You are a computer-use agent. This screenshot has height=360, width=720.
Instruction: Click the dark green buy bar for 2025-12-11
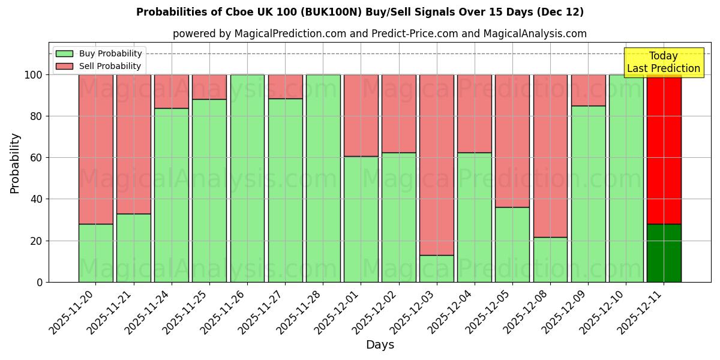pyautogui.click(x=664, y=253)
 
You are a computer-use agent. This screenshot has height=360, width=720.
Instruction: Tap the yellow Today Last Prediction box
pyautogui.click(x=664, y=62)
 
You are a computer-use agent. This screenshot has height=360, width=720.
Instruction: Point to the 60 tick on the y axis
pyautogui.click(x=37, y=158)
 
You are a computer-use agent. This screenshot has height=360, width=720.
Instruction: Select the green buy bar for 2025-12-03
pyautogui.click(x=436, y=268)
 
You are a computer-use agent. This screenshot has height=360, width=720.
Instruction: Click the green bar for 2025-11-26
pyautogui.click(x=247, y=178)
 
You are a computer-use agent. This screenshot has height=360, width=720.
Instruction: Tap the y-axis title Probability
pyautogui.click(x=15, y=163)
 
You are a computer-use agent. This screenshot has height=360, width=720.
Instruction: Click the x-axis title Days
pyautogui.click(x=380, y=345)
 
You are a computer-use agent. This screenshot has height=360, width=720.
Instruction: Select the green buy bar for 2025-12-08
pyautogui.click(x=550, y=259)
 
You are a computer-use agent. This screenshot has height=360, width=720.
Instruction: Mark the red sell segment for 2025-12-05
pyautogui.click(x=512, y=141)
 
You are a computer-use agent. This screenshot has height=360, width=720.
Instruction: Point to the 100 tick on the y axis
pyautogui.click(x=34, y=75)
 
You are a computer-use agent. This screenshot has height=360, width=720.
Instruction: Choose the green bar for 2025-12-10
pyautogui.click(x=626, y=178)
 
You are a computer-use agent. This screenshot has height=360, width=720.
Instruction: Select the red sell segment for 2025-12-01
pyautogui.click(x=361, y=115)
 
